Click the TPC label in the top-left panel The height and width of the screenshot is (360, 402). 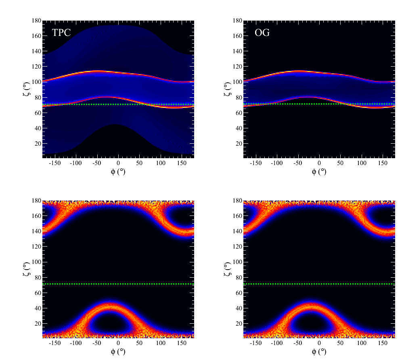pos(61,33)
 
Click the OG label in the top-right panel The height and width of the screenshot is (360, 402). pos(262,33)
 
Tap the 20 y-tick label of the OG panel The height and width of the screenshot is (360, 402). pos(238,144)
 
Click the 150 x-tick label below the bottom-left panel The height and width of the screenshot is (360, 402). pos(182,343)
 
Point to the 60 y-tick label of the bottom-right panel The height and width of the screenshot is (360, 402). pos(238,293)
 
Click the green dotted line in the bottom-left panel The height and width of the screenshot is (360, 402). pos(118,284)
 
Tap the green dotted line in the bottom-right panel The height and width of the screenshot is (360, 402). pos(319,284)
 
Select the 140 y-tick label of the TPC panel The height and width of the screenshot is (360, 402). pos(36,51)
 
